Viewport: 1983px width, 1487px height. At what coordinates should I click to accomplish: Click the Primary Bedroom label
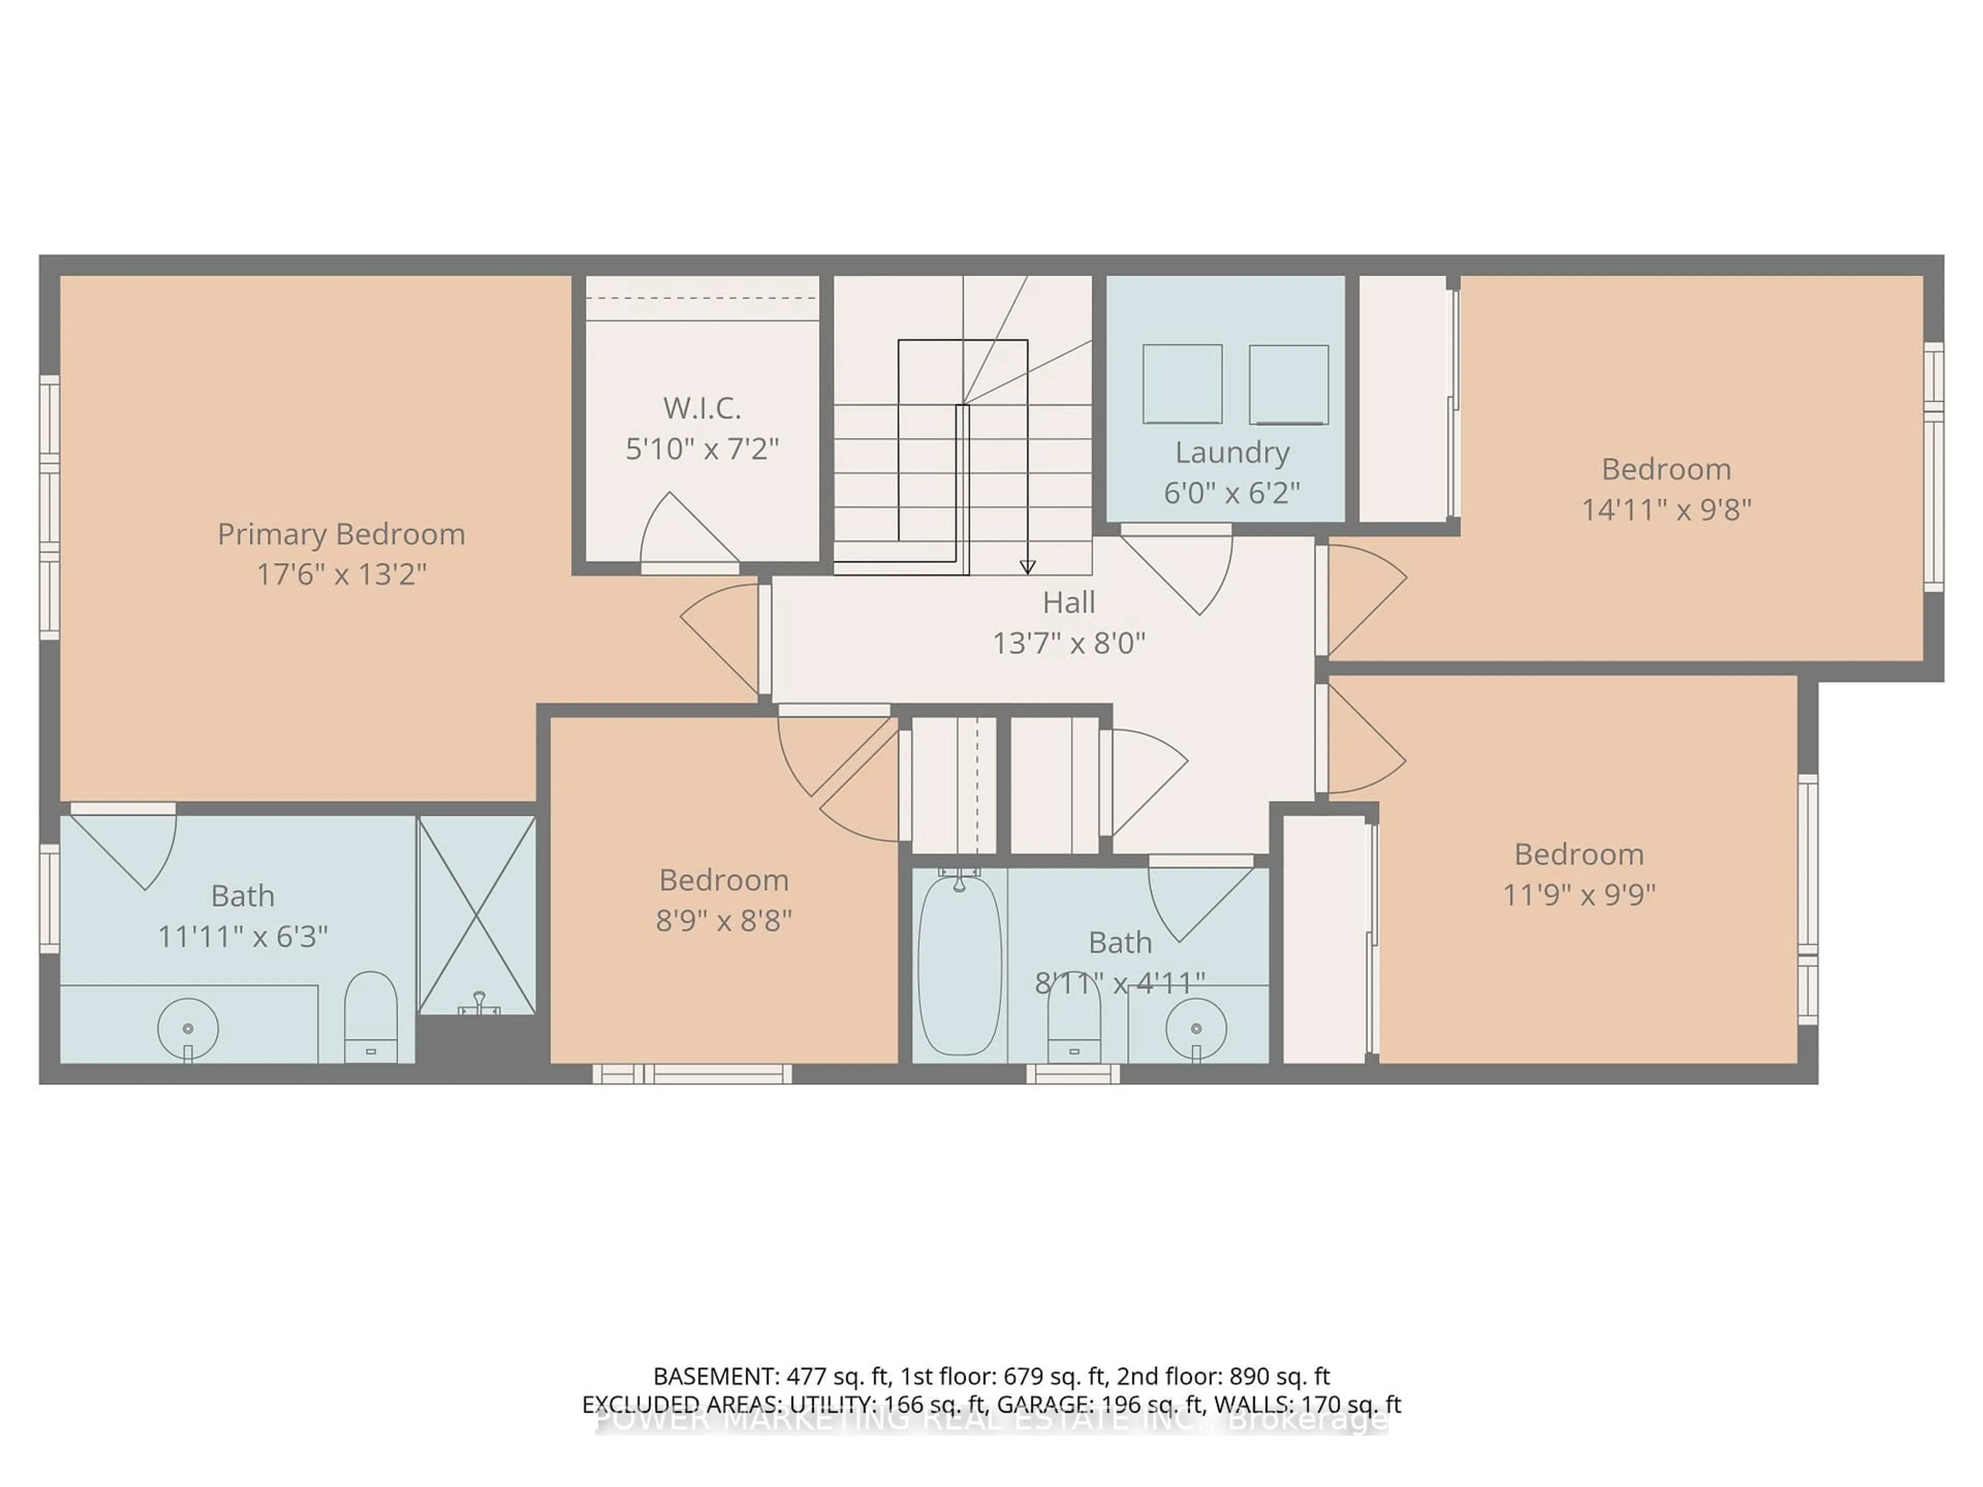(x=341, y=534)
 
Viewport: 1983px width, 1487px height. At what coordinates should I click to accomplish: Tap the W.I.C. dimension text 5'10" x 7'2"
(x=702, y=448)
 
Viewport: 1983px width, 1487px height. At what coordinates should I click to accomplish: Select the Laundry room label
(x=1232, y=453)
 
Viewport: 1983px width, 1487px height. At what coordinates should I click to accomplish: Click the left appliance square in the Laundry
(x=1182, y=384)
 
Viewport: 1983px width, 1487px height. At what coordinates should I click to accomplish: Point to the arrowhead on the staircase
(x=1027, y=566)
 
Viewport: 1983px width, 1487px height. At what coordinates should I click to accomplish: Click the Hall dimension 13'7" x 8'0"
(x=1068, y=643)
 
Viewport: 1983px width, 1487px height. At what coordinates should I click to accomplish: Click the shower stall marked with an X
(x=477, y=914)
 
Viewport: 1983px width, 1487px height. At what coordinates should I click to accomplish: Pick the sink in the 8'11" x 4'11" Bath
(x=1196, y=1028)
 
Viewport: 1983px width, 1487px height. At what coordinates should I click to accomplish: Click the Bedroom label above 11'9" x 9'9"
(x=1579, y=854)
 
